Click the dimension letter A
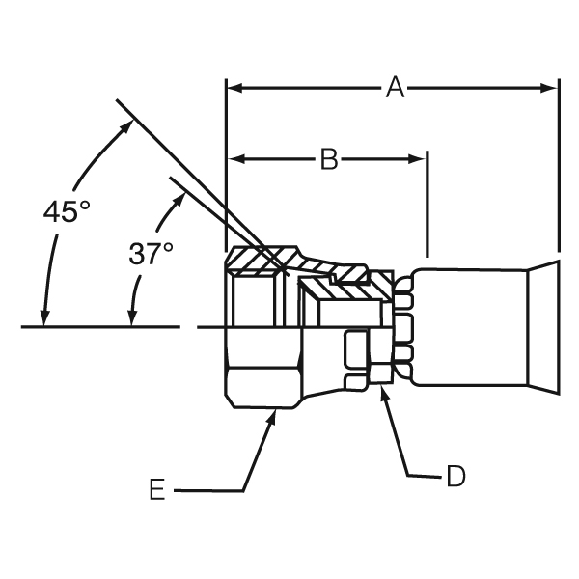(394, 88)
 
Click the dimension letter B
(329, 159)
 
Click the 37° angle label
(151, 254)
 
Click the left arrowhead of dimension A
(233, 88)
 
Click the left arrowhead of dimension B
(233, 158)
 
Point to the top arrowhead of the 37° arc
(181, 192)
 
